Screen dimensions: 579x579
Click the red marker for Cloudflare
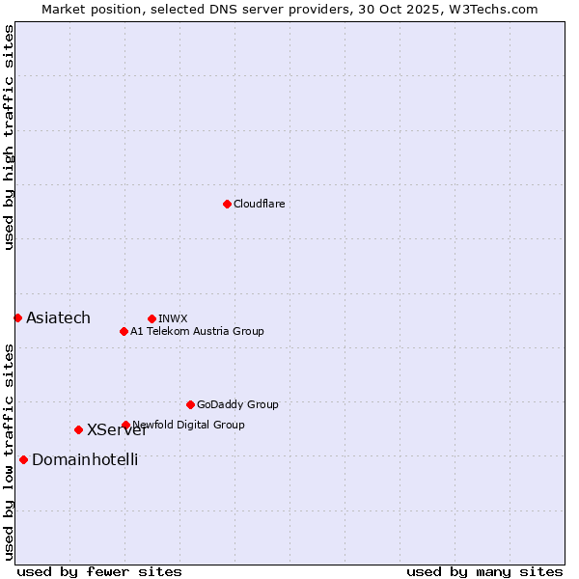coord(227,204)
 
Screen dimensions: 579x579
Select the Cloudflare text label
coord(259,204)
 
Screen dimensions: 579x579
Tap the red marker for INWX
coord(152,318)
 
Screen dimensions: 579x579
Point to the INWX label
coord(173,318)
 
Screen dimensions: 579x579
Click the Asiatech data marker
coord(17,317)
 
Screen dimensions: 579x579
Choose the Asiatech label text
coord(58,317)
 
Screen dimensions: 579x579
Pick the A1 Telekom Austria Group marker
coord(124,331)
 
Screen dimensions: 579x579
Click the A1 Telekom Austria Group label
coord(197,331)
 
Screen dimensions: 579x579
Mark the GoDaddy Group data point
coord(190,404)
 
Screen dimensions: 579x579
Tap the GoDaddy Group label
coord(236,404)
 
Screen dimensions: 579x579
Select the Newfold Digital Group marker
coord(125,425)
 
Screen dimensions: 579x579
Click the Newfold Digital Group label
coord(189,425)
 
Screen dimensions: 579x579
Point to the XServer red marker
coord(78,429)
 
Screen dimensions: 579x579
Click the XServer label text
coord(117,430)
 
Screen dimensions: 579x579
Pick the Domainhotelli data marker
coord(23,459)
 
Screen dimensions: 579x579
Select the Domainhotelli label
coord(85,459)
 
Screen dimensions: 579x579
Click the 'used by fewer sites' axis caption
coord(99,571)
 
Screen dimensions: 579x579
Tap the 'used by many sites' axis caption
coord(484,571)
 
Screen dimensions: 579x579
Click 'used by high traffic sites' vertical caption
coord(9,137)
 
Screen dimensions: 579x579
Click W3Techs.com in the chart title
coord(490,9)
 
